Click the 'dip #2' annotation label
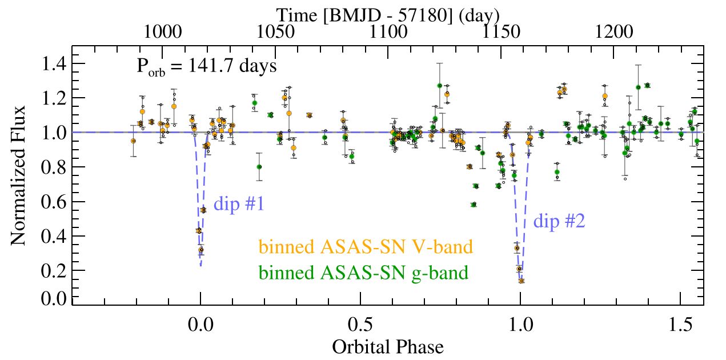558,221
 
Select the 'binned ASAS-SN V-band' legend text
366,247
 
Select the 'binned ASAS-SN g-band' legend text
364,273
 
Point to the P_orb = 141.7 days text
207,66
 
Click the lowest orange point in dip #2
521,281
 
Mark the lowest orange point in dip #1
201,250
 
